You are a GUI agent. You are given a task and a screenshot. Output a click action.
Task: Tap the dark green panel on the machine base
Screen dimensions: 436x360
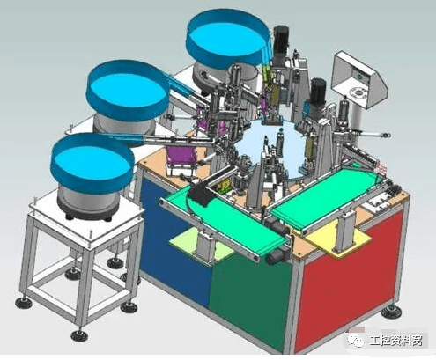click(249, 297)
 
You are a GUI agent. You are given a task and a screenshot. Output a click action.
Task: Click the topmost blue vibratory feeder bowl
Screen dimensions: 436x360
click(227, 37)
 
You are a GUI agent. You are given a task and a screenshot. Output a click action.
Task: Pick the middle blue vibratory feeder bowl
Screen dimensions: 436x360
click(128, 90)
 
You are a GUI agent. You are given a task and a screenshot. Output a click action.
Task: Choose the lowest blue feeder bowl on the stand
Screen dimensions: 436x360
click(92, 163)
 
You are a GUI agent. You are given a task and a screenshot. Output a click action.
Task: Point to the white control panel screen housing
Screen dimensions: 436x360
click(359, 79)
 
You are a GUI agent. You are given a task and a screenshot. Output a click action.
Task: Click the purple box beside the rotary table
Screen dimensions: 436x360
click(181, 156)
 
